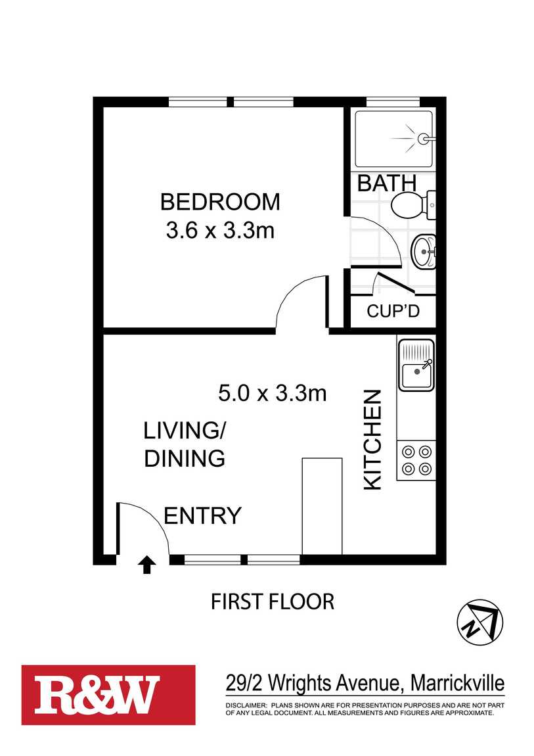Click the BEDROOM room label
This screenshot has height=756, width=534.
[220, 202]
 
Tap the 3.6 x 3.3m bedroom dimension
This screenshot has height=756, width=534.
[220, 230]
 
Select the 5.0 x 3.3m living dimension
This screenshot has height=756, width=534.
[273, 393]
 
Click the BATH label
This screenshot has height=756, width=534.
[387, 183]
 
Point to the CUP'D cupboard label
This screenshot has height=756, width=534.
[393, 311]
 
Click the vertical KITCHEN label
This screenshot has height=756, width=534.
[372, 440]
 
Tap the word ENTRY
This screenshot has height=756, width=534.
[202, 516]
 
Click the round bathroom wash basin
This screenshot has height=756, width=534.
[423, 250]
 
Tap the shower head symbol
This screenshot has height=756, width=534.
[424, 139]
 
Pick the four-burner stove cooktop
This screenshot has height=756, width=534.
[416, 460]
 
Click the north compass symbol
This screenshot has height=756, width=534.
[479, 623]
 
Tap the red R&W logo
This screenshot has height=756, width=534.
[108, 695]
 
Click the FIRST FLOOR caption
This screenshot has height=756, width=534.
[273, 602]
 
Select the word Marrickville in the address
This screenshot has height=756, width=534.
[457, 683]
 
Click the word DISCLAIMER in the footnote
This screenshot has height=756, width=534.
[246, 705]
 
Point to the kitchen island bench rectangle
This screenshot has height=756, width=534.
[322, 506]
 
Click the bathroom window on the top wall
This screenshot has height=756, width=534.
[393, 102]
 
